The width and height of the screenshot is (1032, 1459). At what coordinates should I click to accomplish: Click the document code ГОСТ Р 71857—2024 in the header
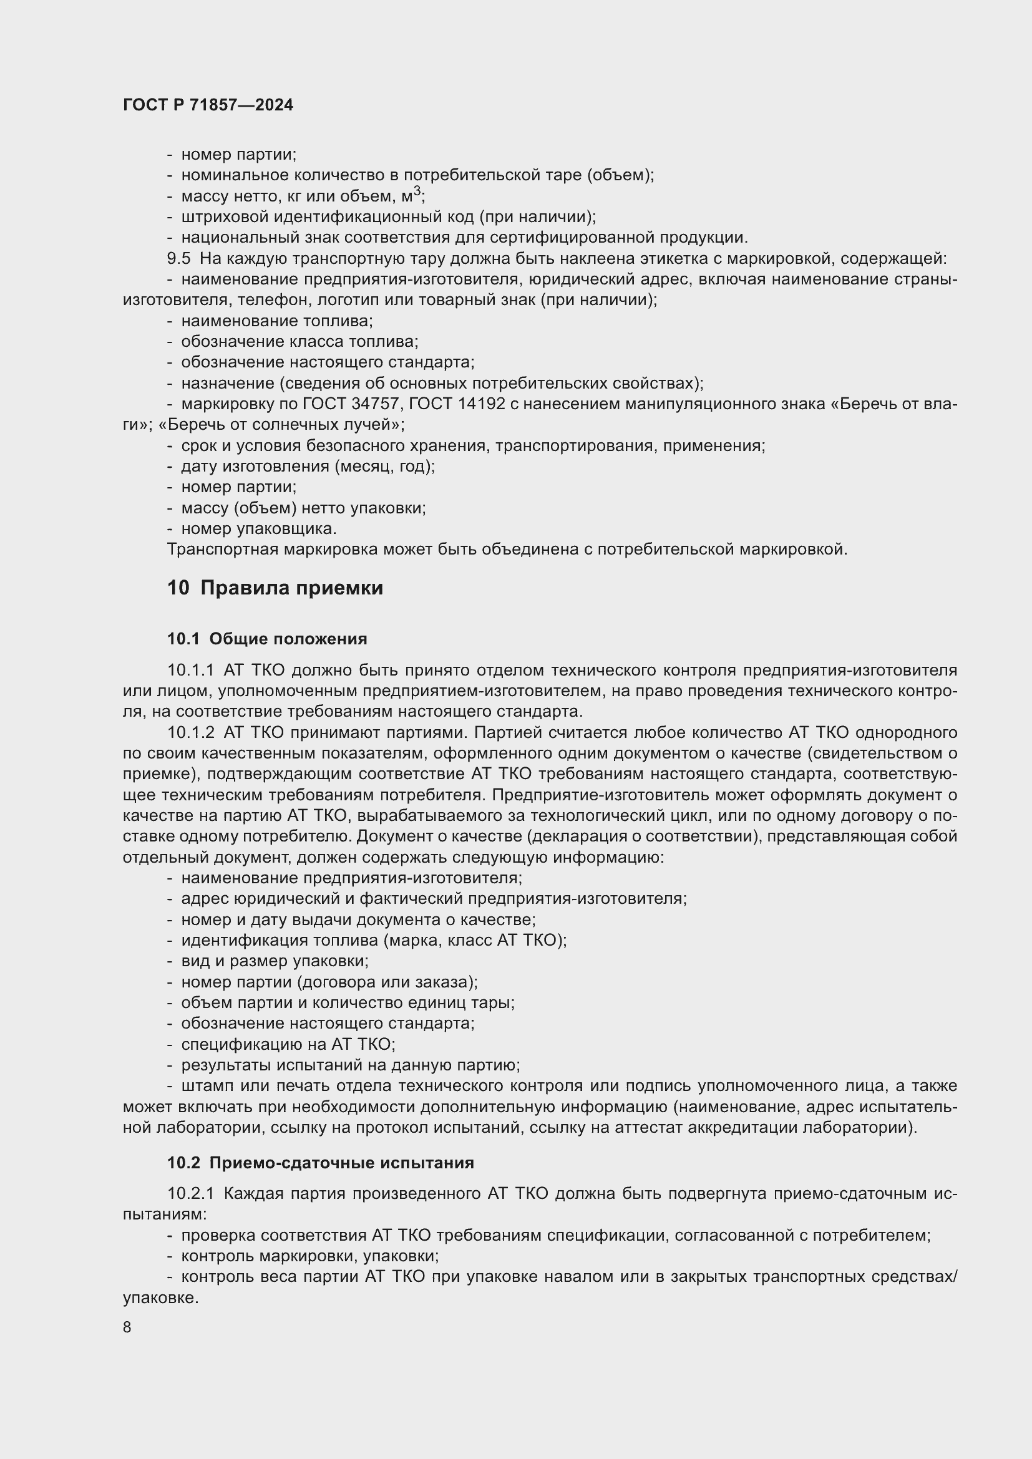[x=208, y=105]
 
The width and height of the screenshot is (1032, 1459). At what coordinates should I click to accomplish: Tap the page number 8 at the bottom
[x=127, y=1327]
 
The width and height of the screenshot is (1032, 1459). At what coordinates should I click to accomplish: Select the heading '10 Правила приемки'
[x=275, y=588]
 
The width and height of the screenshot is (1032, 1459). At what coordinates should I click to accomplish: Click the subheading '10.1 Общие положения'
[x=267, y=639]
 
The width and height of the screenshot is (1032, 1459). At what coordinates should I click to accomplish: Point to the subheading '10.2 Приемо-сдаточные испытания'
[x=320, y=1163]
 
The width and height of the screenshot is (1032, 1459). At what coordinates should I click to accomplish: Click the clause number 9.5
[x=178, y=259]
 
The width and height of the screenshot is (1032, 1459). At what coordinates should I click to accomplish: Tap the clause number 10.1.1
[x=191, y=671]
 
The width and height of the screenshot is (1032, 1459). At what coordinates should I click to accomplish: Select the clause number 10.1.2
[x=191, y=733]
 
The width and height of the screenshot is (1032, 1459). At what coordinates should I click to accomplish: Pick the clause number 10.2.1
[x=191, y=1194]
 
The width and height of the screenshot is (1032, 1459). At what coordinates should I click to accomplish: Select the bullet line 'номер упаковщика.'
[x=259, y=529]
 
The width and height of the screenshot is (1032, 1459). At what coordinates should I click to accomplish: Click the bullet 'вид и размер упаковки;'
[x=275, y=961]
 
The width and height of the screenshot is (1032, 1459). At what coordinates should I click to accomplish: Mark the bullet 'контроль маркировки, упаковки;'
[x=310, y=1256]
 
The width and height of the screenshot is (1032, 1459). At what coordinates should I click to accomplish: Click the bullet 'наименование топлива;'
[x=276, y=321]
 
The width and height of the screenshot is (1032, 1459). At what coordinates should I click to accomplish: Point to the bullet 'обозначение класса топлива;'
[x=299, y=342]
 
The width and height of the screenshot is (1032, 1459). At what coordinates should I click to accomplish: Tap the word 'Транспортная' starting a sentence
[x=221, y=550]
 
